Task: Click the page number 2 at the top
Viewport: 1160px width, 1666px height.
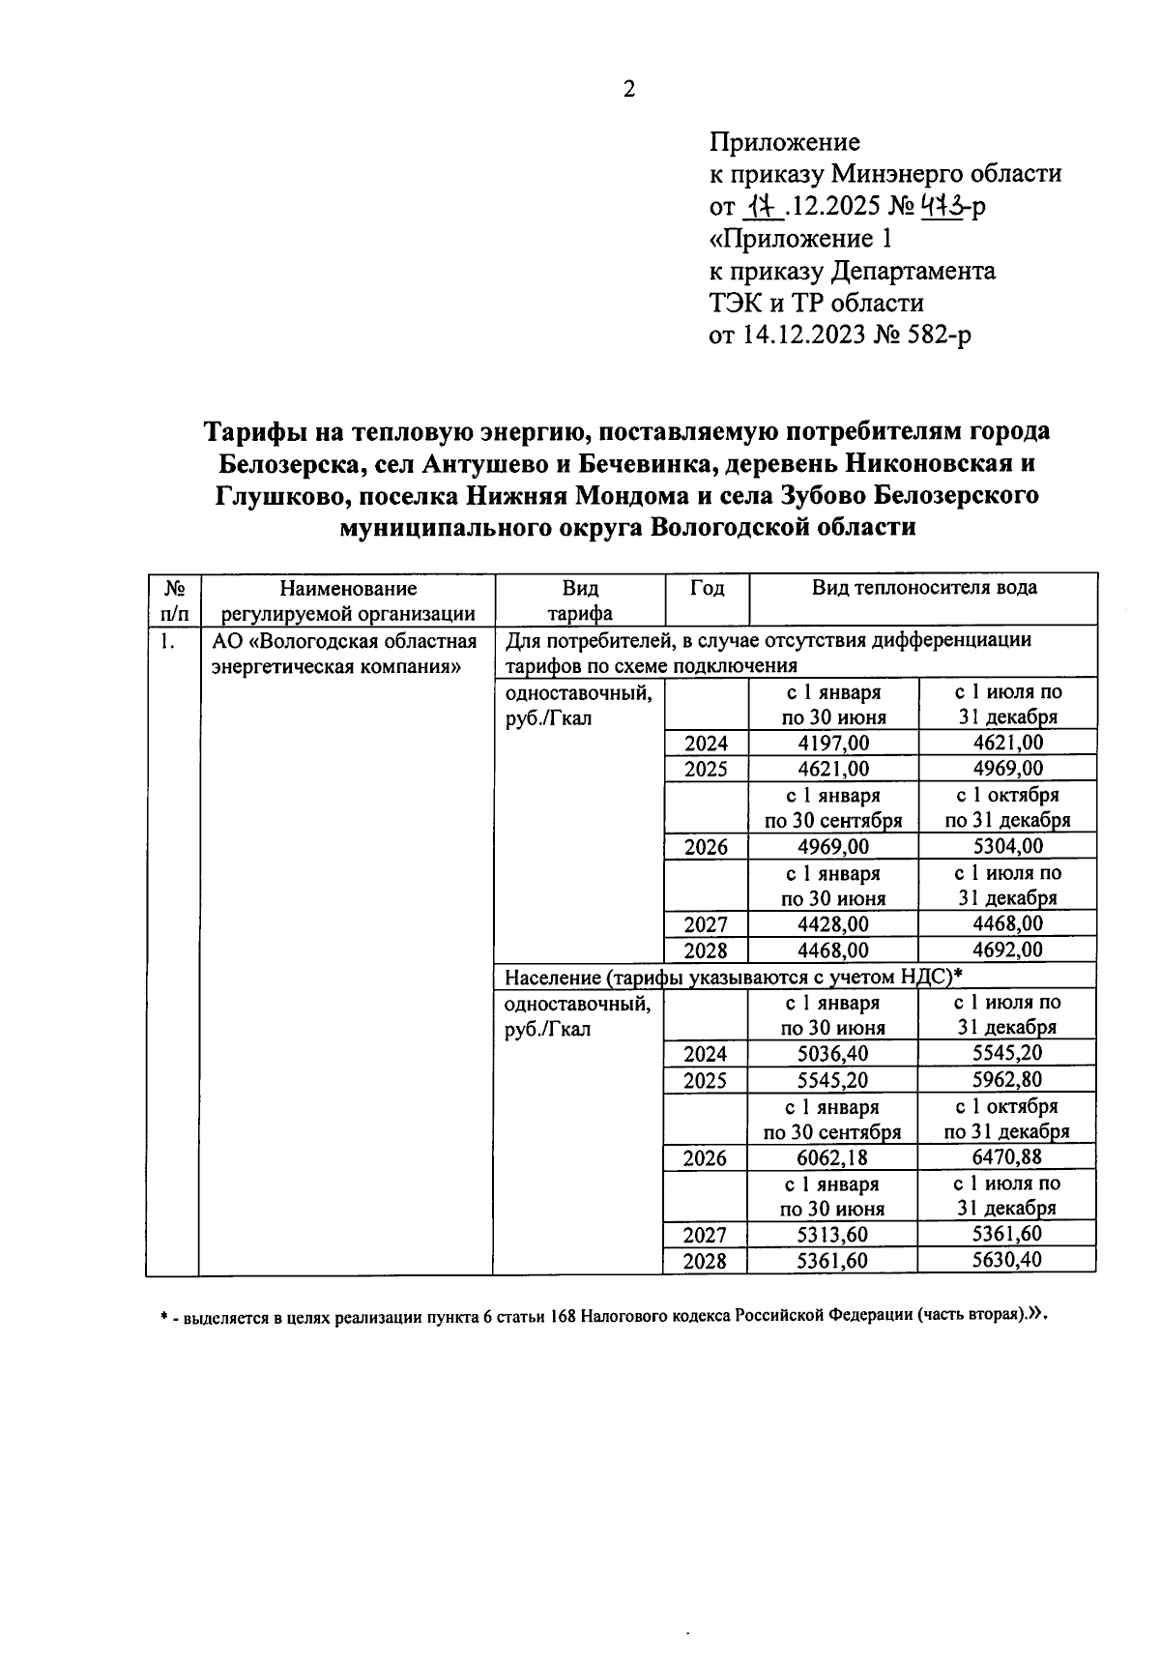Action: (629, 90)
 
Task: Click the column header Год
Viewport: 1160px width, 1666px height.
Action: (707, 588)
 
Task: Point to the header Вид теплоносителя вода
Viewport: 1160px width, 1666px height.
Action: (923, 588)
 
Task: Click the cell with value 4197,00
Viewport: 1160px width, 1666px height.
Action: (833, 743)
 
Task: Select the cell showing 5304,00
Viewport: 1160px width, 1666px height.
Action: (1008, 846)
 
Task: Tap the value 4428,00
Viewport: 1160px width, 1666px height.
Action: (833, 924)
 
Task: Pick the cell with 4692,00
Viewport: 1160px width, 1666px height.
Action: (1008, 950)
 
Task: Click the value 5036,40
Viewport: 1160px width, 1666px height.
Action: (832, 1054)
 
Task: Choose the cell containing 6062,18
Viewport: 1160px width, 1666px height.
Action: (832, 1157)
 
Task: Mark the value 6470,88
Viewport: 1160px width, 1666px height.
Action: (1007, 1157)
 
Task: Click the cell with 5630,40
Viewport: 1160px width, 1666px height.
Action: (1007, 1260)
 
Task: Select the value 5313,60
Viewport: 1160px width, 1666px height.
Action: (832, 1235)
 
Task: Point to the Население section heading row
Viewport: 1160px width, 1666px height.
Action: (734, 976)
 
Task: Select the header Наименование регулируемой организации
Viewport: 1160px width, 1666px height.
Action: (348, 600)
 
